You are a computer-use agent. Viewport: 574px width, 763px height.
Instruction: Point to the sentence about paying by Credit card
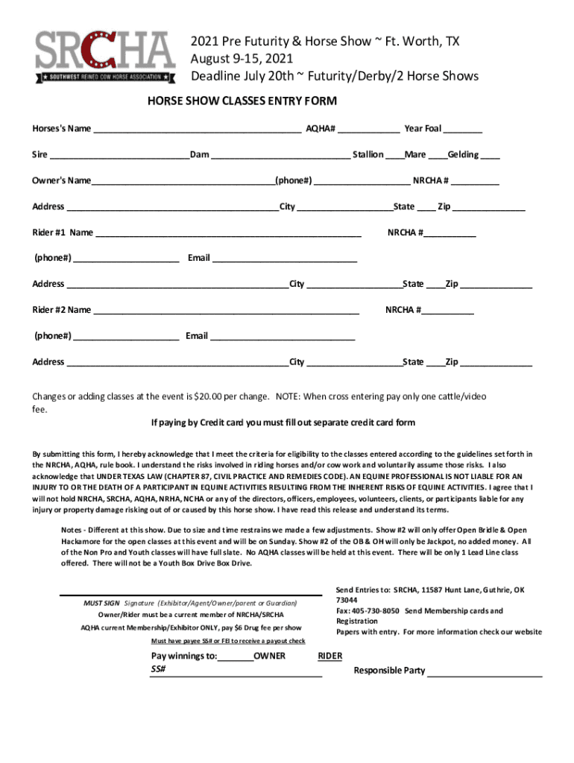pyautogui.click(x=283, y=423)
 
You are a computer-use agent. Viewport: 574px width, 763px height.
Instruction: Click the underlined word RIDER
pyautogui.click(x=330, y=656)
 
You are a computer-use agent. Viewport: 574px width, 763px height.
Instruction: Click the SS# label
pyautogui.click(x=158, y=669)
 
